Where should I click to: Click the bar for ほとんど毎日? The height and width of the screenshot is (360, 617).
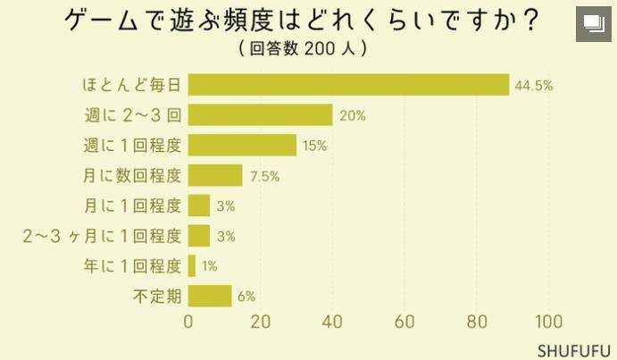348,85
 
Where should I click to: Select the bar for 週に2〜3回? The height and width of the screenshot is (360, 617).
261,115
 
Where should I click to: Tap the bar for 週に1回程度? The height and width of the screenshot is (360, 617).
242,146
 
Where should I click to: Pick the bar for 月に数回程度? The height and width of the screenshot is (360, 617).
215,175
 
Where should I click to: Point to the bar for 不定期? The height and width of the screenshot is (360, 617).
210,296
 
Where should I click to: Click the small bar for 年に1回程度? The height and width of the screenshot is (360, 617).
192,266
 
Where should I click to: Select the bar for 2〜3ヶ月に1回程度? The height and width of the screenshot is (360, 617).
199,236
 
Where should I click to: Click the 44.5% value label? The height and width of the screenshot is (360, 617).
534,86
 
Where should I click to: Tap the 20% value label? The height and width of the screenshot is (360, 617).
353,116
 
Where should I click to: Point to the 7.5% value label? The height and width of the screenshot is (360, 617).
265,177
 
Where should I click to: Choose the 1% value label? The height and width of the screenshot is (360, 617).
210,267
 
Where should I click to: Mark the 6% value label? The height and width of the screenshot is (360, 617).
246,297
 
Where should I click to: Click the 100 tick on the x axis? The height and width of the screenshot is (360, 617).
549,322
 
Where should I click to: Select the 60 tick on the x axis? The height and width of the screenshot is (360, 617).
404,322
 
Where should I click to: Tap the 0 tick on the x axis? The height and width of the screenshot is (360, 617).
188,322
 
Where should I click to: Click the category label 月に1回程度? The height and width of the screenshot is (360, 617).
133,205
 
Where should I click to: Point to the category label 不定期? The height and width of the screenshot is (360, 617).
157,297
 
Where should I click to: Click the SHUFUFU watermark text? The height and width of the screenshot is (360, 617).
574,350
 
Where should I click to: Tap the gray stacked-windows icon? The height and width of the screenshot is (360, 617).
594,24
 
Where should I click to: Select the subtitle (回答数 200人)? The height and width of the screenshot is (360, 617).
303,48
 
